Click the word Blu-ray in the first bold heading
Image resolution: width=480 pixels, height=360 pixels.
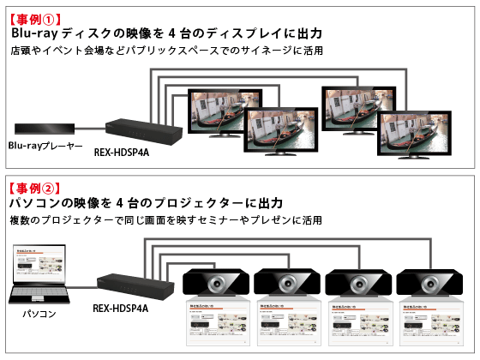pyautogui.click(x=35, y=33)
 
